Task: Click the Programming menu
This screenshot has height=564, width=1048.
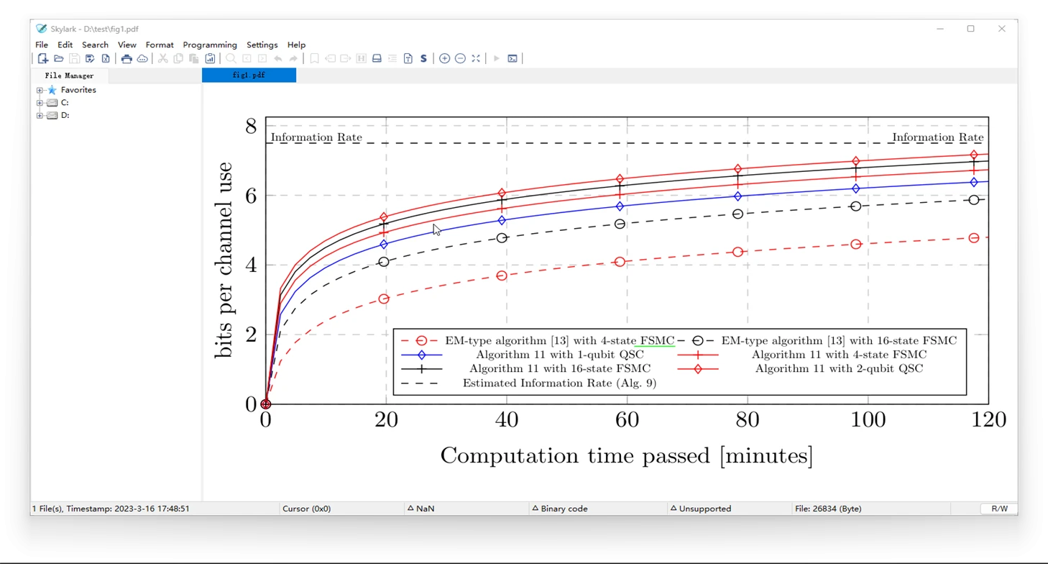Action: pos(210,45)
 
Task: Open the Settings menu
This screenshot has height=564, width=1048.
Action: pos(262,45)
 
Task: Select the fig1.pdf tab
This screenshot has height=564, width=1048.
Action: pos(249,75)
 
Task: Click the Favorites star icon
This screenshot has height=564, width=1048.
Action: pos(52,90)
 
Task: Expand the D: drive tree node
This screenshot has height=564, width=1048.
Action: pos(40,115)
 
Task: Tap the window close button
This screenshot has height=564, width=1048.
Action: pos(1002,29)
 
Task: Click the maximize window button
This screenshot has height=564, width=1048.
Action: pos(971,29)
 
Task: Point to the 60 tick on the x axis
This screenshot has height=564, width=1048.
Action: pos(627,419)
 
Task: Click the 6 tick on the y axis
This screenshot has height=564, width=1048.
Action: pos(252,196)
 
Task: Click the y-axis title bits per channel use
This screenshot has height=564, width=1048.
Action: pos(224,260)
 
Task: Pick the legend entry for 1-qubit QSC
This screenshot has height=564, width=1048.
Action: pos(559,355)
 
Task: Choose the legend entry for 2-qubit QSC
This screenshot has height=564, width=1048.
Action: pos(839,368)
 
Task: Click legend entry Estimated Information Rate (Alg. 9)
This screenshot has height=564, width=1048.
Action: pos(559,383)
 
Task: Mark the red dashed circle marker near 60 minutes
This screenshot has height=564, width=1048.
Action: pos(620,262)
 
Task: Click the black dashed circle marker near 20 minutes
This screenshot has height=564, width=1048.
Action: pos(384,262)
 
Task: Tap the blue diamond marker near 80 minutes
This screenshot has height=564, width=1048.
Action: pos(737,196)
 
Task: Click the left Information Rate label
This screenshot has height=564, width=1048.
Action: pos(316,137)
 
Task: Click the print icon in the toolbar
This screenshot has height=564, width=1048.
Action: pos(127,58)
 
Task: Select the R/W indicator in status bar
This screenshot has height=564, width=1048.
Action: pos(999,509)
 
